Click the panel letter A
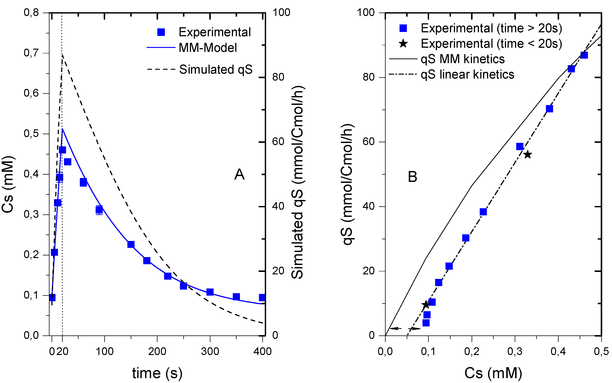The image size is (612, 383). [x=239, y=175]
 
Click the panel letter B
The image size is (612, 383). [x=412, y=177]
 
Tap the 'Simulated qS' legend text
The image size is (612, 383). [x=216, y=69]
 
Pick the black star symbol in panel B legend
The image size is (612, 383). [x=403, y=44]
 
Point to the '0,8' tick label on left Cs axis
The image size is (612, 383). [x=31, y=12]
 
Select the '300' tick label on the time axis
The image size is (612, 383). [x=210, y=351]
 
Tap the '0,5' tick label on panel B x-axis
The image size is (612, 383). [x=601, y=351]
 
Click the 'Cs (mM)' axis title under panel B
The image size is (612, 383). [x=493, y=373]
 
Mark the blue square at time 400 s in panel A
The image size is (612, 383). [x=262, y=297]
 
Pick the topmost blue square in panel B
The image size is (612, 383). [x=584, y=55]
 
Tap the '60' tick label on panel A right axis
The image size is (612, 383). [x=278, y=142]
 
